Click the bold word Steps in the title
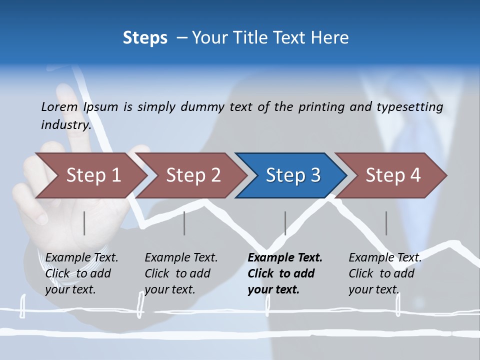pos(145,38)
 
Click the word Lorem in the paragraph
pos(59,106)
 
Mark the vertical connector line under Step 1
pos(84,223)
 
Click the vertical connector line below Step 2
pos(184,223)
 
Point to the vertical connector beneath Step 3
pos(285,223)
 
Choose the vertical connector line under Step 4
pos(386,223)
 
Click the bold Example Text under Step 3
pos(285,258)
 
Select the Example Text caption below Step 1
pos(81,258)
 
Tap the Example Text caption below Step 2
pos(181,258)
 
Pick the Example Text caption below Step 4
pos(385,258)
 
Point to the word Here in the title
pos(330,38)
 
